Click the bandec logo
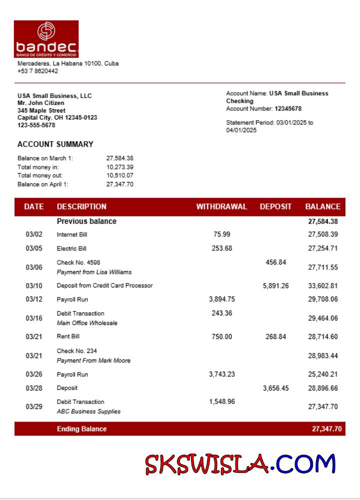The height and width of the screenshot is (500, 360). (x=46, y=38)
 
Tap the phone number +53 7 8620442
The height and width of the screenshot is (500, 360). (x=38, y=71)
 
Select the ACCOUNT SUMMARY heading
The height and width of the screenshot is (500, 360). (x=55, y=144)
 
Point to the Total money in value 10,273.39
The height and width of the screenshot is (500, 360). (x=120, y=167)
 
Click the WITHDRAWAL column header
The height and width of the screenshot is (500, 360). (x=221, y=206)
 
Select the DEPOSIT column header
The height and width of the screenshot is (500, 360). (x=275, y=206)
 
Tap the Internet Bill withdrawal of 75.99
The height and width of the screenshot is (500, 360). (x=221, y=234)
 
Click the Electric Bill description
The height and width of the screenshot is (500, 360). (x=71, y=248)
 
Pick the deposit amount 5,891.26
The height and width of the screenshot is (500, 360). (x=275, y=286)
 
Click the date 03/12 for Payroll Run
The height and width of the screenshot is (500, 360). (x=34, y=299)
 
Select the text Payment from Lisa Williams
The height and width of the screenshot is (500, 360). (x=94, y=272)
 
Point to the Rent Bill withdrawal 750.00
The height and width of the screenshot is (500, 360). (x=221, y=337)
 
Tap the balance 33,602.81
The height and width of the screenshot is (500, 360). (x=322, y=286)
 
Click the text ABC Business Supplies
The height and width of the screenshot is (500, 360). (x=88, y=411)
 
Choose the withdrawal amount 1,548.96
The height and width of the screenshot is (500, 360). (x=221, y=401)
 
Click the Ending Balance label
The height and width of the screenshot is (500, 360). (x=81, y=429)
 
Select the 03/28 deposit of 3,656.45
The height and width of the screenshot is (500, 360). (x=275, y=388)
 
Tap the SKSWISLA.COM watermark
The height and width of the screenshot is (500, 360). (x=240, y=463)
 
